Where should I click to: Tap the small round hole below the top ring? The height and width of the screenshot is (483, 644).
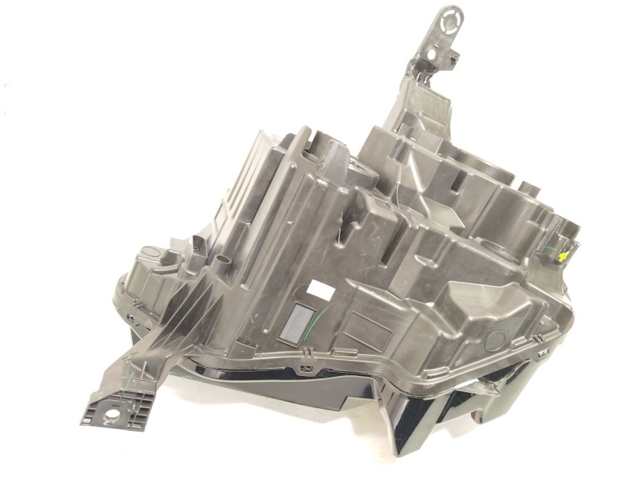(441, 57)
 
